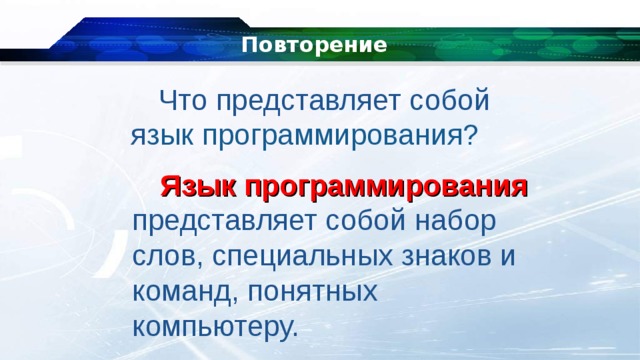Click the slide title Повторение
point(315,45)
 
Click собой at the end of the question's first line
point(453,101)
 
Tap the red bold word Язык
point(195,187)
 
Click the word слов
point(166,256)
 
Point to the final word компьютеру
point(214,326)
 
